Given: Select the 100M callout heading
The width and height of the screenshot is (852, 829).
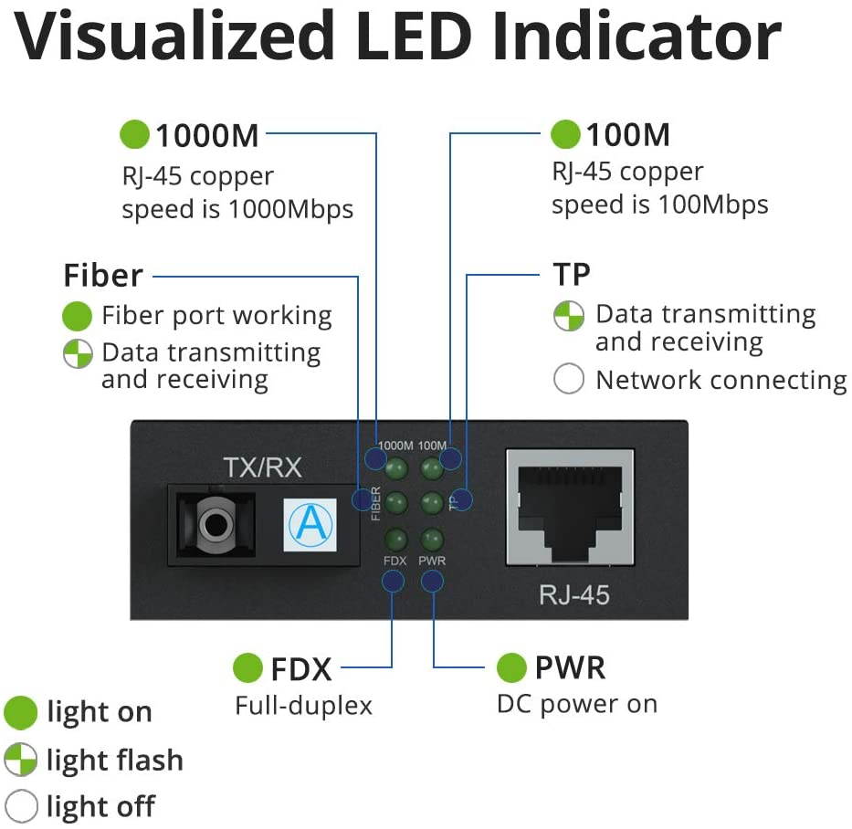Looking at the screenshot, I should click(x=627, y=135).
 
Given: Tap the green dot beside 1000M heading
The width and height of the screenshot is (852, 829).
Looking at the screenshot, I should click(x=134, y=135).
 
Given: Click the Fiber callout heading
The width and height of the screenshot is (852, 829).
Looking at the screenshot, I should click(x=102, y=275).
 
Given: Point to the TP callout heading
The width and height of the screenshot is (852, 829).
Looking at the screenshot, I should click(x=572, y=274).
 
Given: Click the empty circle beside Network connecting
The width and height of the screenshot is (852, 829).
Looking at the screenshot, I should click(x=568, y=379).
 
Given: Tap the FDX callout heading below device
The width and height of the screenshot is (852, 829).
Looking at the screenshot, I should click(x=300, y=668).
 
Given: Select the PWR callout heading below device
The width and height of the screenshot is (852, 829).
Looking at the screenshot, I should click(x=570, y=667).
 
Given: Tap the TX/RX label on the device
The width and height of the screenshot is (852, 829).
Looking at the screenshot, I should click(x=262, y=468).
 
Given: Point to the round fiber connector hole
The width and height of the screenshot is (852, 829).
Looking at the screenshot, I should click(x=216, y=523).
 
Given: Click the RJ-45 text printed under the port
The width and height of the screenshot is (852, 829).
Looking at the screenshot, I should click(x=573, y=595).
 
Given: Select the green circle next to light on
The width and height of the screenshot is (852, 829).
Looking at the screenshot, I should click(x=20, y=712).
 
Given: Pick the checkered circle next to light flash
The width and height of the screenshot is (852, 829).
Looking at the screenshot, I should click(x=20, y=760).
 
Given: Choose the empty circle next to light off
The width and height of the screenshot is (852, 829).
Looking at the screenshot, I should click(x=20, y=806).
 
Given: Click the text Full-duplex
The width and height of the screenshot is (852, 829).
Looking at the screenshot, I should click(x=303, y=706).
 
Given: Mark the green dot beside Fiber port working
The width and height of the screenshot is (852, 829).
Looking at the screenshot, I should click(x=78, y=316).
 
